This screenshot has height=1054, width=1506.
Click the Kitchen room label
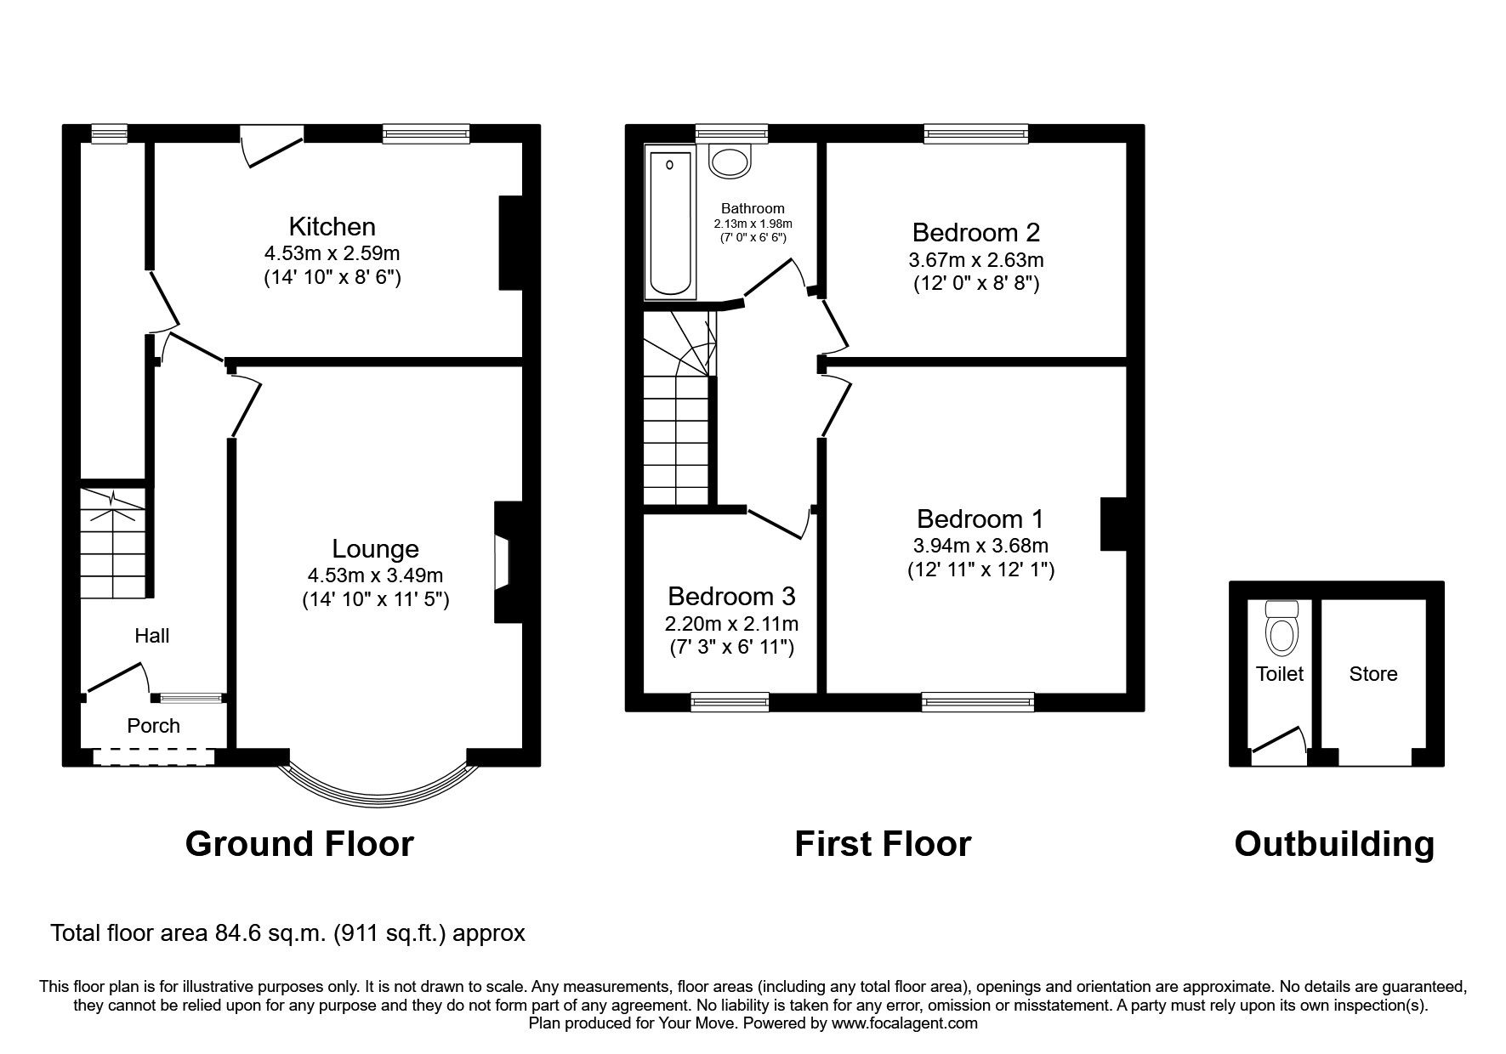coord(332,227)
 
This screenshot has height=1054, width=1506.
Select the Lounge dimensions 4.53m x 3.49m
coord(375,575)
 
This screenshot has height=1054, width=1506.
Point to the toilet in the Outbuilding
coord(1282,629)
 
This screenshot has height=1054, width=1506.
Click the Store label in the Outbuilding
coord(1372,674)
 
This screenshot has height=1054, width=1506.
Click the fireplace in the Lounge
coord(503,562)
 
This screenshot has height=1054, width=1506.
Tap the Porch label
coord(153,726)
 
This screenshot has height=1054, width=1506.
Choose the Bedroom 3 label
coord(731,596)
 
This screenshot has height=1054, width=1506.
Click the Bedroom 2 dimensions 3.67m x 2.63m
coord(976,259)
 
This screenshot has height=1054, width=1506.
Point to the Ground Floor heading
coord(299,844)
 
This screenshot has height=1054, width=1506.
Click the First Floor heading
coord(882,844)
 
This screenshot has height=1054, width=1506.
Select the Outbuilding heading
coord(1333,844)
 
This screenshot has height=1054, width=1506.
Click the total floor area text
coord(287,933)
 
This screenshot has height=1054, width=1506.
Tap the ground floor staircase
coord(113,543)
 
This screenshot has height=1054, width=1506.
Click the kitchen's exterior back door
coord(270,145)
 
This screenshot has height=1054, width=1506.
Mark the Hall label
coord(152,636)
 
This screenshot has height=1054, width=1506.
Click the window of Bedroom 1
coord(978,702)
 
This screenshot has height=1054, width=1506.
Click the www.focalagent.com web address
coord(904,1024)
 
